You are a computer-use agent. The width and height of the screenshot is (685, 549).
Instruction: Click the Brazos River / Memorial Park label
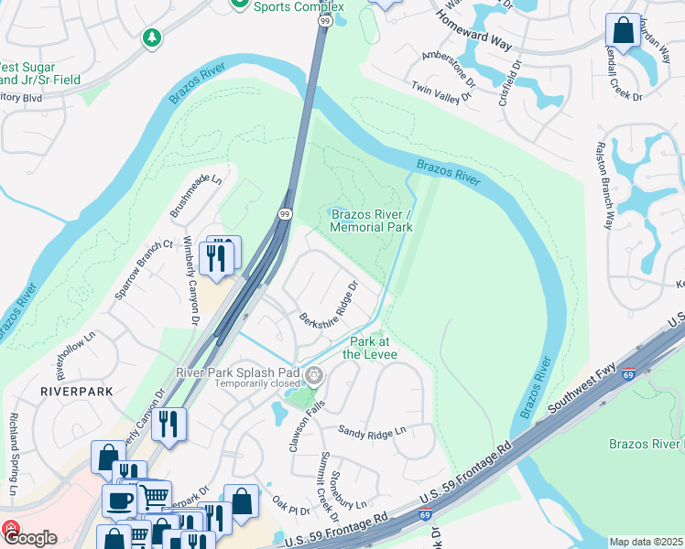click(x=371, y=221)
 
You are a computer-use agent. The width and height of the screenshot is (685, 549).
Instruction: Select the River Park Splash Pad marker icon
click(x=314, y=375)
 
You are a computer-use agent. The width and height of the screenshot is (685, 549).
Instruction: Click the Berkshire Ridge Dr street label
click(x=328, y=303)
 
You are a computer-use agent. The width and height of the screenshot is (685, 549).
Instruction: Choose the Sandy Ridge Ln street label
click(x=372, y=431)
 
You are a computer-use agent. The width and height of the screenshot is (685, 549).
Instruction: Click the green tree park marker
click(x=151, y=38)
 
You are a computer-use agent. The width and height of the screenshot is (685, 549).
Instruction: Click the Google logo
click(x=29, y=537)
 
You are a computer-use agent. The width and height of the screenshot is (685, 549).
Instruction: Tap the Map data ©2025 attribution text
click(x=646, y=542)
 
